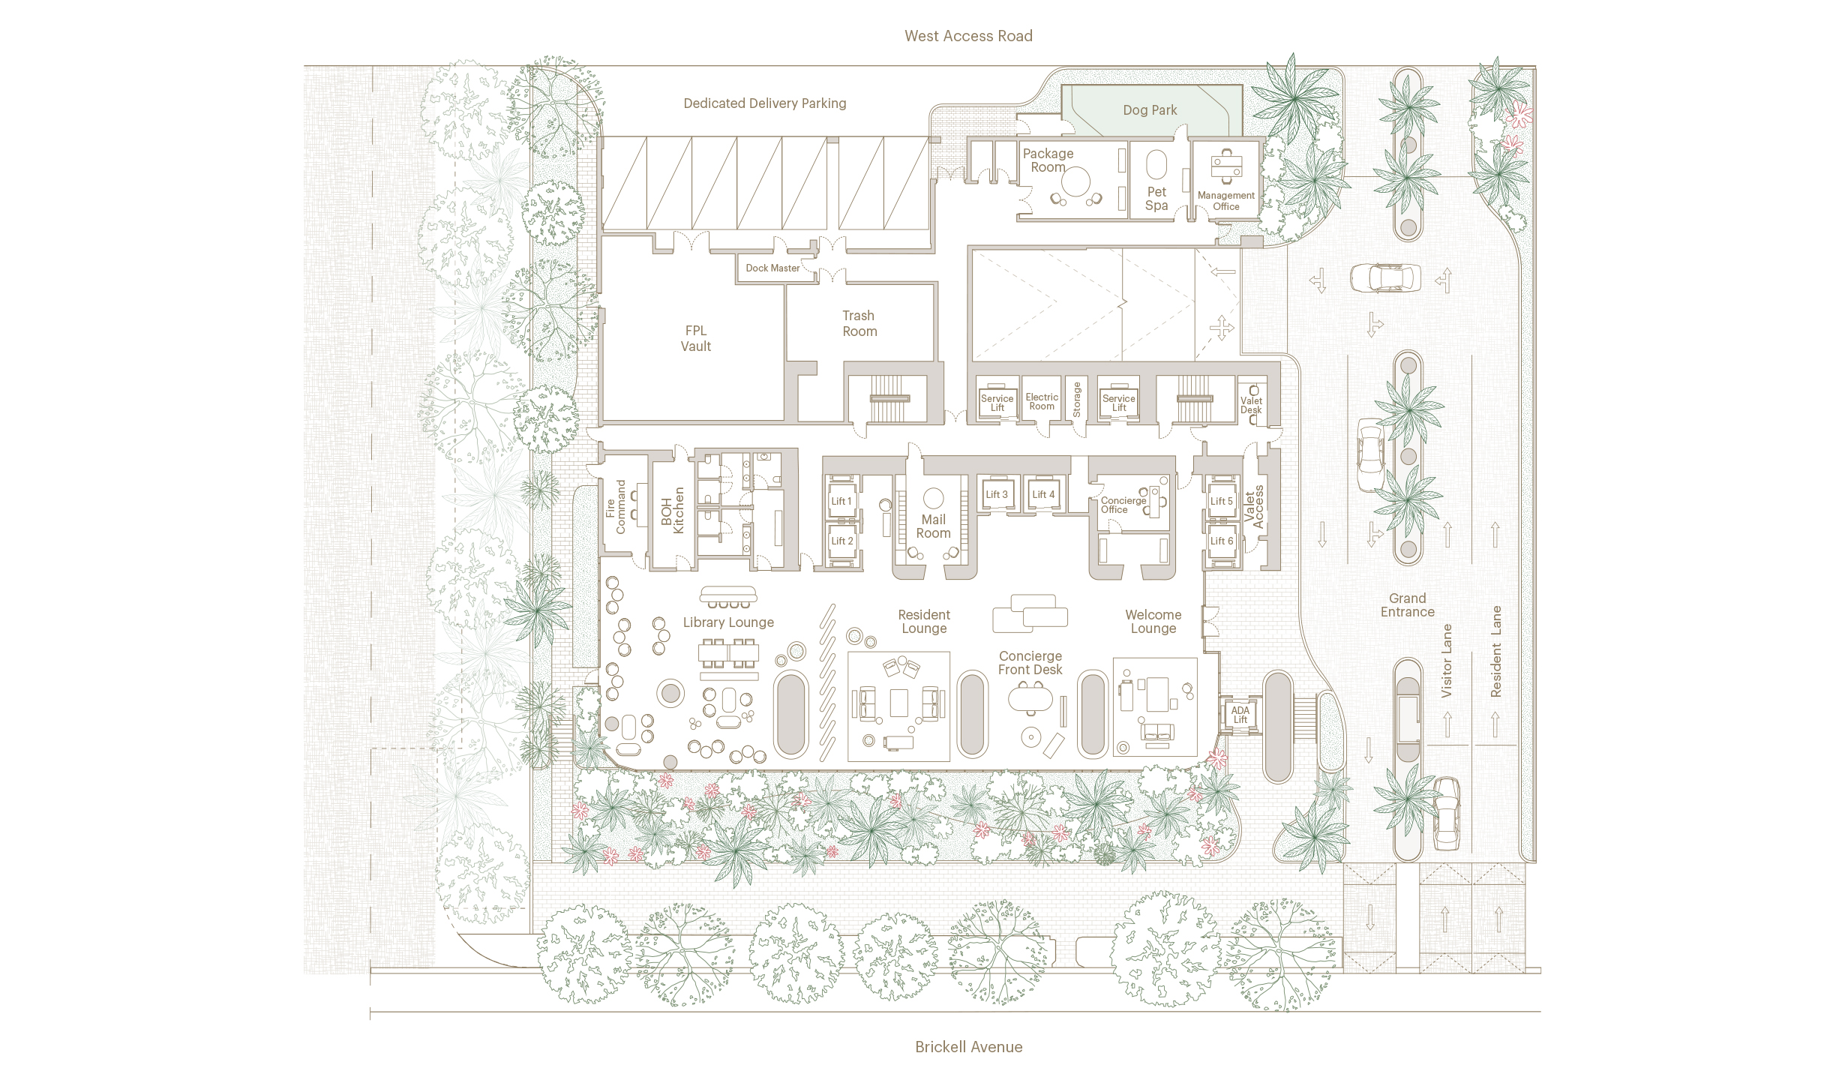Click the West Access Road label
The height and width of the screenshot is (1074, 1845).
tap(968, 36)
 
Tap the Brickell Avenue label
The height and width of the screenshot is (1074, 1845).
tap(968, 1047)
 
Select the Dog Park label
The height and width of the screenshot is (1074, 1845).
tap(1150, 110)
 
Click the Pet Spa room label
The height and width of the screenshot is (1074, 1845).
tap(1156, 199)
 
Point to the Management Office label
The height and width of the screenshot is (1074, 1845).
tap(1225, 201)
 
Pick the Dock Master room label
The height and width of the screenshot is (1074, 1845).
tap(772, 268)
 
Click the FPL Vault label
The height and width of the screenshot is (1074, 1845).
tap(696, 338)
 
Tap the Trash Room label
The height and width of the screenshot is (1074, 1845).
tap(859, 323)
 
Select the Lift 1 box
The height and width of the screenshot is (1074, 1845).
tap(841, 501)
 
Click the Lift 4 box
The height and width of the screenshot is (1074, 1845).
tap(1042, 494)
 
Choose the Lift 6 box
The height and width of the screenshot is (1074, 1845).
tap(1221, 541)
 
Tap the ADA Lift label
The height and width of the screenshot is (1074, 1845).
tap(1240, 715)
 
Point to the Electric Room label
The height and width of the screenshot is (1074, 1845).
tap(1042, 402)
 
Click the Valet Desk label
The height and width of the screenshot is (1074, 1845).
tap(1251, 405)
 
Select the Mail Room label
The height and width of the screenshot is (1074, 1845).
tap(933, 526)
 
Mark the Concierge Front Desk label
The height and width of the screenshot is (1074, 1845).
tap(1030, 663)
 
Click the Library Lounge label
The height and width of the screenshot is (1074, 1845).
tap(728, 622)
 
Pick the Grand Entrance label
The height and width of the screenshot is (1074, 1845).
tap(1407, 605)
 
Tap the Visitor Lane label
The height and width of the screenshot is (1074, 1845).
tap(1447, 661)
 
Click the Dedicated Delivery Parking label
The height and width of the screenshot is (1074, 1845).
tap(764, 103)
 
